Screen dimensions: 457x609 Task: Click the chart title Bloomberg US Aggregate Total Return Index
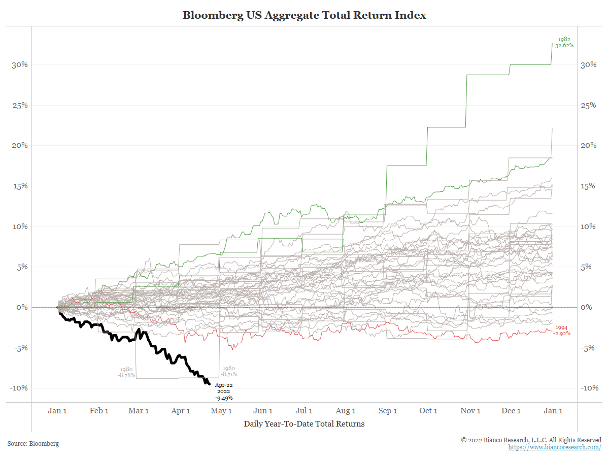(304, 15)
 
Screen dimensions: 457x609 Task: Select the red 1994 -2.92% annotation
(563, 331)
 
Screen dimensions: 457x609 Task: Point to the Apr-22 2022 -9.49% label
(223, 391)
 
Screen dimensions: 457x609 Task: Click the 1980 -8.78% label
(126, 372)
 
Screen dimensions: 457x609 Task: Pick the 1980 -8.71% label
(228, 371)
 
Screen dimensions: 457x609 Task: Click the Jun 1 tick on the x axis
(263, 411)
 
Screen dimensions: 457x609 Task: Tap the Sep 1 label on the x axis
(388, 411)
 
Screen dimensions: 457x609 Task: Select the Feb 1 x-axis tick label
(99, 411)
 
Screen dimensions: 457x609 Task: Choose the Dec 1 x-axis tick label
(511, 411)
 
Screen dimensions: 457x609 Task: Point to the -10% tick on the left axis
(19, 388)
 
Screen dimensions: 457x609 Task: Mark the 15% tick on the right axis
(589, 186)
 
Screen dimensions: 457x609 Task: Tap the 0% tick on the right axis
(587, 307)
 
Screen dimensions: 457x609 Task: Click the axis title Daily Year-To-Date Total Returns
(304, 423)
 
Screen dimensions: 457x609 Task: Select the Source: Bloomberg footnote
(33, 443)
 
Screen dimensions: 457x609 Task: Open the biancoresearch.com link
(555, 447)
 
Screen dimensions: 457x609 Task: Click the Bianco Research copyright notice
(531, 440)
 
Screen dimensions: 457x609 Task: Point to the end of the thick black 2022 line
(209, 384)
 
